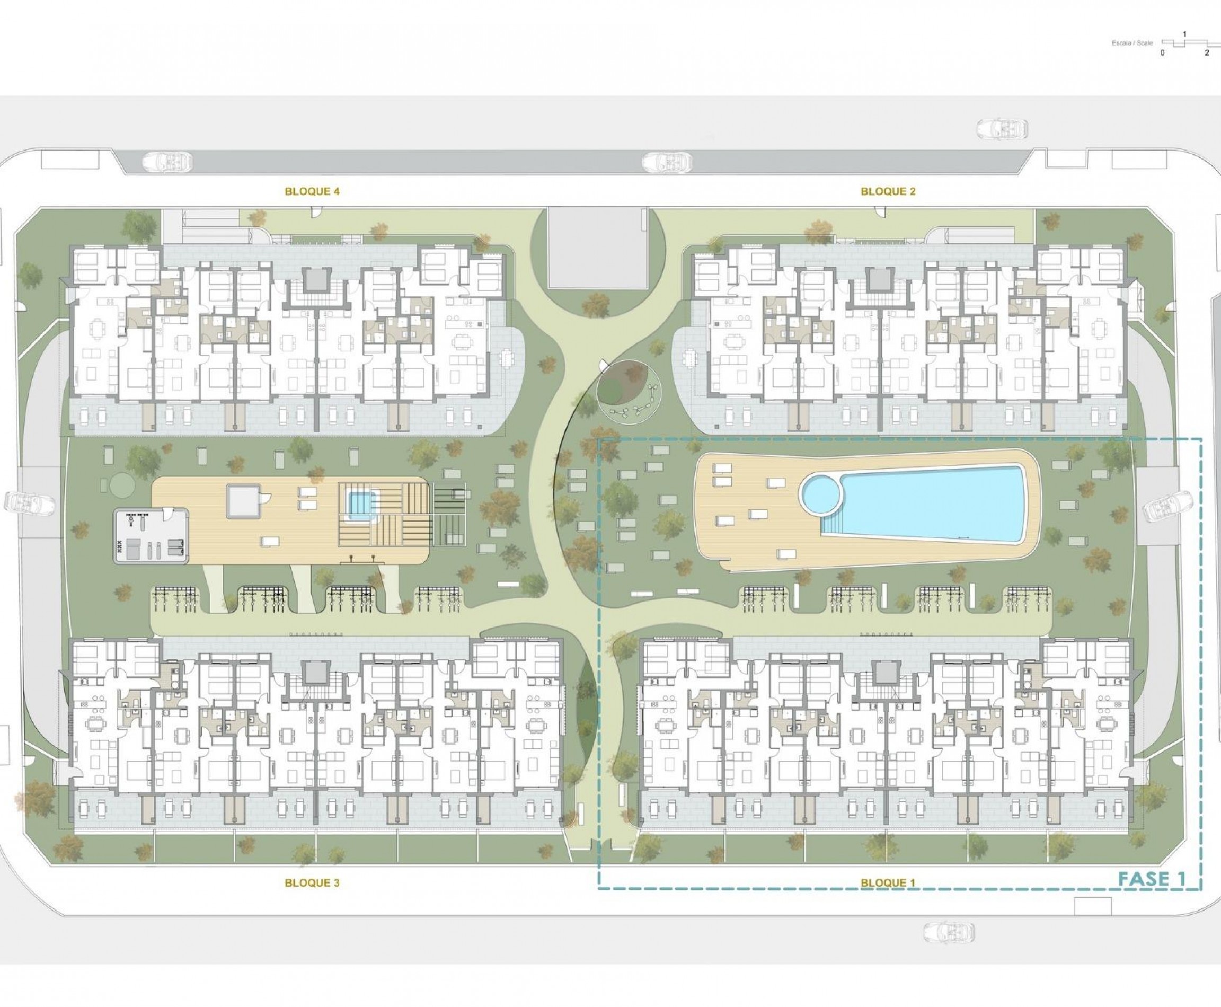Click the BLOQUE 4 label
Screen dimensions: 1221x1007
tap(312, 191)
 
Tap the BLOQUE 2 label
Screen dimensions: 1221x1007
tap(888, 191)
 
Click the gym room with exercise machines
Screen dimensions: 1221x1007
tap(151, 535)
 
